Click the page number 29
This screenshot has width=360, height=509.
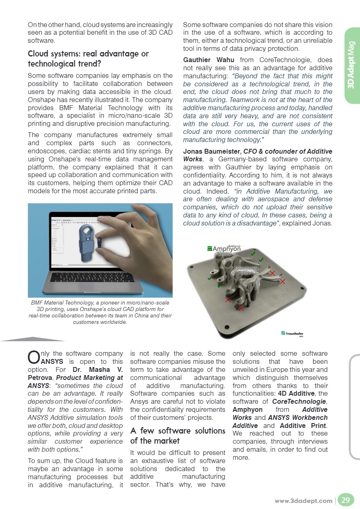pyautogui.click(x=345, y=501)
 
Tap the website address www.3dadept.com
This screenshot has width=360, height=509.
pyautogui.click(x=303, y=501)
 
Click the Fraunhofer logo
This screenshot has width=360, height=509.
pyautogui.click(x=292, y=334)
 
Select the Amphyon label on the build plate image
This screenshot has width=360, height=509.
pyautogui.click(x=224, y=249)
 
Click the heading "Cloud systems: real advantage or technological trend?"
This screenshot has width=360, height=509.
pyautogui.click(x=88, y=58)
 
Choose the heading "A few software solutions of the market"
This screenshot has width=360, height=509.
pyautogui.click(x=178, y=436)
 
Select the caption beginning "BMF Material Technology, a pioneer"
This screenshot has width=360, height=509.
pyautogui.click(x=100, y=312)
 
